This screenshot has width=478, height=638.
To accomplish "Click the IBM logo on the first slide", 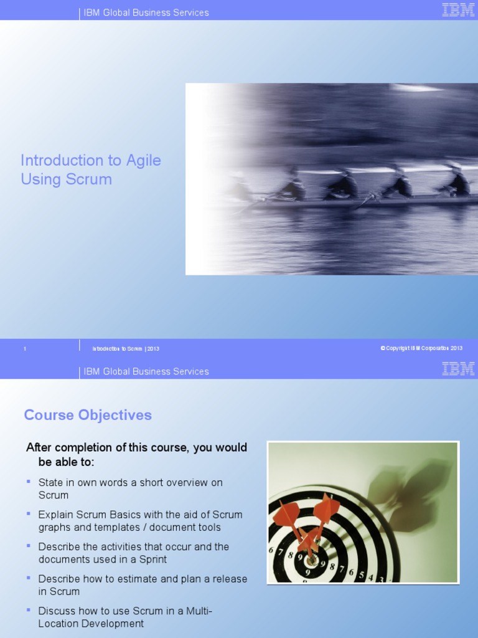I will click(x=458, y=10).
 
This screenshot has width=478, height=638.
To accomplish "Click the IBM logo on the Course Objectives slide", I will click(x=458, y=369).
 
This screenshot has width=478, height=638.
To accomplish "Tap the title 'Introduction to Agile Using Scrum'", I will click(x=91, y=169).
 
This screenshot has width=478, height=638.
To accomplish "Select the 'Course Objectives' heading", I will click(x=88, y=415).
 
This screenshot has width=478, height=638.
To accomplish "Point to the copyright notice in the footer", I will click(x=421, y=348).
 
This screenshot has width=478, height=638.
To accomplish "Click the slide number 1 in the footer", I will click(x=25, y=349).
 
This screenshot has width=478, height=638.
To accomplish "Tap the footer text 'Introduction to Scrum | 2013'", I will click(x=126, y=349).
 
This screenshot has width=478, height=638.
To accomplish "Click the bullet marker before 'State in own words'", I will click(x=29, y=482).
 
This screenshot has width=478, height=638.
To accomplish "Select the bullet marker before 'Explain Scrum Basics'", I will click(x=29, y=514).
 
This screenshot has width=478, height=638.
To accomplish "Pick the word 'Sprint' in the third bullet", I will click(x=152, y=559).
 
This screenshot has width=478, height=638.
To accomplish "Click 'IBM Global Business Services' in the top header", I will click(x=146, y=12).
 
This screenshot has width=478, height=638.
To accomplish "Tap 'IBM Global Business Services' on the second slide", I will click(x=146, y=371).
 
